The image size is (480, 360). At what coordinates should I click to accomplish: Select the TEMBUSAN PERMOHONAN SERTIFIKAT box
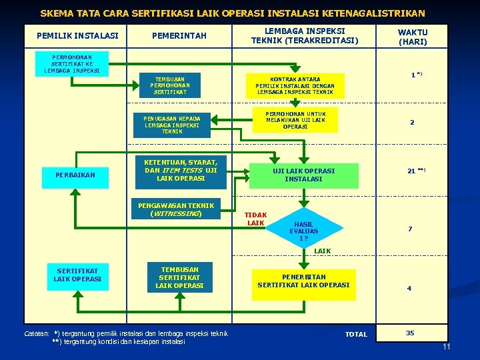(x=169, y=85)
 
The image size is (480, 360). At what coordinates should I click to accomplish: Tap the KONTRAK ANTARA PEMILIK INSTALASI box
(x=294, y=85)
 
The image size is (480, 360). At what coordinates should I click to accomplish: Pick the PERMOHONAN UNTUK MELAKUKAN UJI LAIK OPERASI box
(x=294, y=120)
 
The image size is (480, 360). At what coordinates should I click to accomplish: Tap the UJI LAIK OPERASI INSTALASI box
(x=303, y=175)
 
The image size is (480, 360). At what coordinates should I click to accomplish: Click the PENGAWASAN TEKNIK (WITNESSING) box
(x=176, y=209)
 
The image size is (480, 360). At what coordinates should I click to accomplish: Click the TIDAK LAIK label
(x=255, y=219)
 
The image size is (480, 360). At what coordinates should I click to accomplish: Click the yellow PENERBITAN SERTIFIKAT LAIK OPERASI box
(x=303, y=281)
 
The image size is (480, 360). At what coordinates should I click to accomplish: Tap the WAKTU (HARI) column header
(x=412, y=37)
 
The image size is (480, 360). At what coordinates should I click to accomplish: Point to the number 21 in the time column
(x=411, y=171)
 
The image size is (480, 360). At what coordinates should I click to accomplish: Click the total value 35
(x=410, y=332)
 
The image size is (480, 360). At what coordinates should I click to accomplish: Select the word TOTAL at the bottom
(x=356, y=334)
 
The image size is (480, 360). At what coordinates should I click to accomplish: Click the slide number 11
(x=447, y=347)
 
